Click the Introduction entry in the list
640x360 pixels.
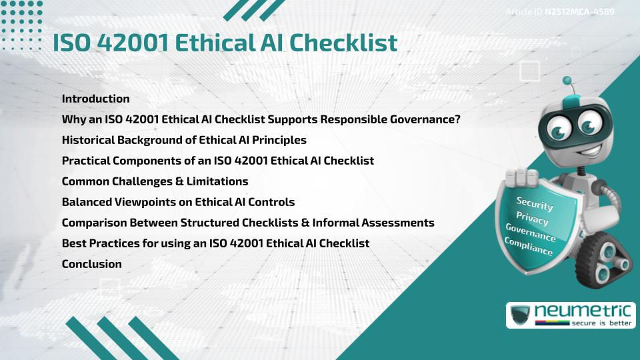pos(95,99)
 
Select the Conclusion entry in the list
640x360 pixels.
pos(91,264)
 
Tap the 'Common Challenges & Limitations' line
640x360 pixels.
pos(155,181)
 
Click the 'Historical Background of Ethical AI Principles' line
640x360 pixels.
pos(184,140)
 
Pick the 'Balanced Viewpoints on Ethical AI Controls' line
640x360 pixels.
pos(178,202)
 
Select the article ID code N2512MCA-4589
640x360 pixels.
pos(579,12)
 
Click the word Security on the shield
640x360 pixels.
pos(534,203)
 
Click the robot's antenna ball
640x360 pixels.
pos(568,81)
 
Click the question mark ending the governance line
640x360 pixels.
pos(457,119)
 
